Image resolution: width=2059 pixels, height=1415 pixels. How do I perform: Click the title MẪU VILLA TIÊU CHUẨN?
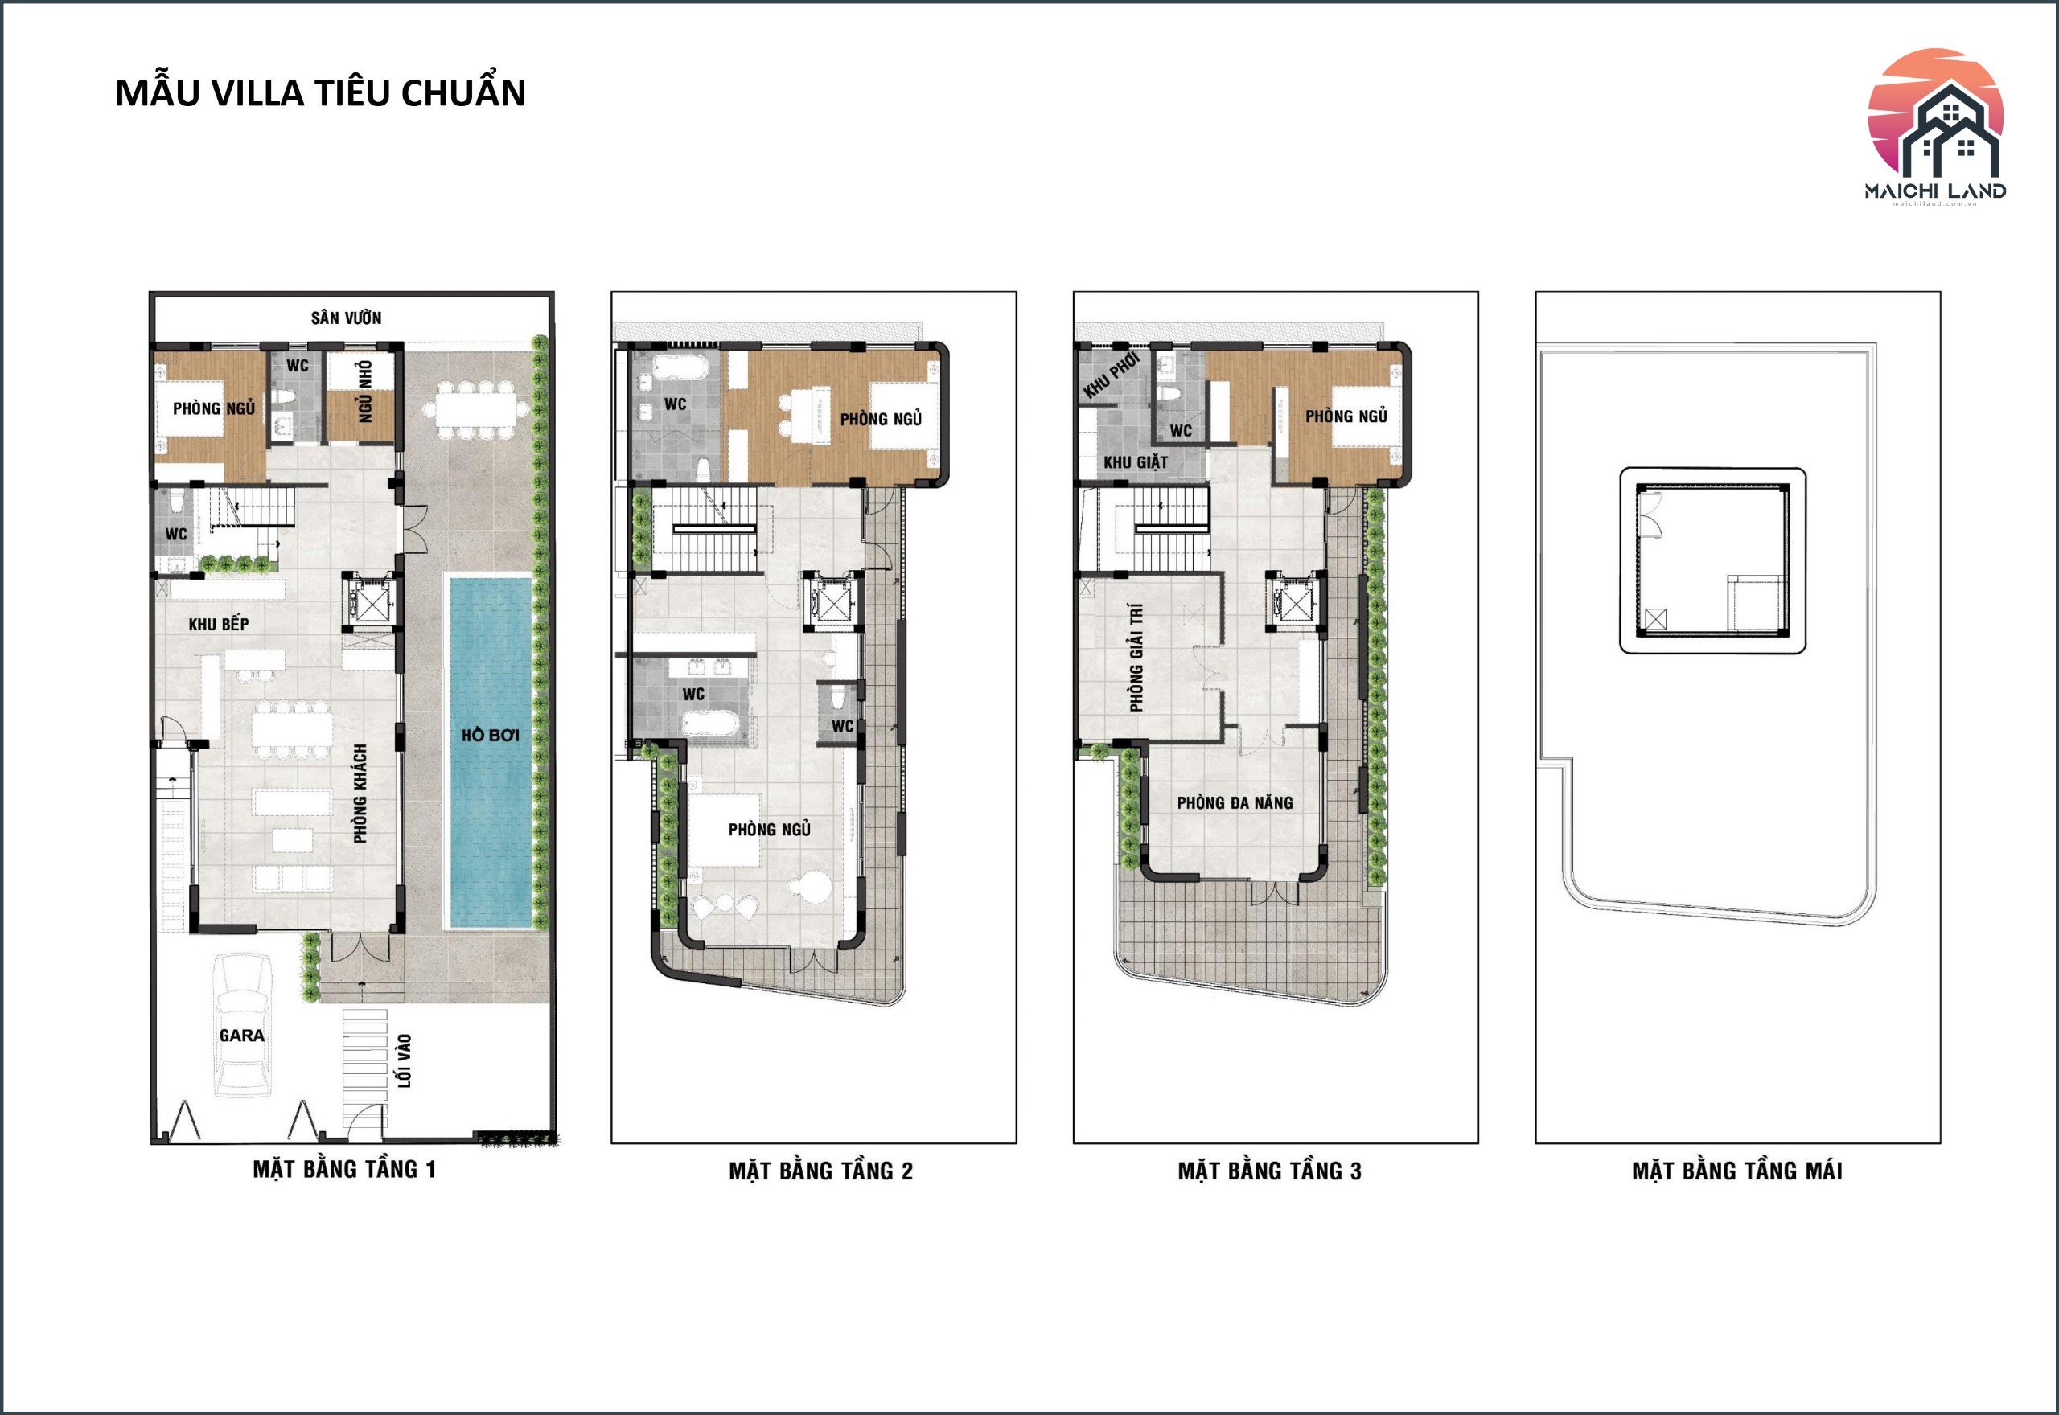click(320, 92)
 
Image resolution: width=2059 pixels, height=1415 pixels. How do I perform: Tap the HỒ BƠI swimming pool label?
click(491, 735)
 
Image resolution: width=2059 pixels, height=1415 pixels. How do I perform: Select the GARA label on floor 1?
click(242, 1035)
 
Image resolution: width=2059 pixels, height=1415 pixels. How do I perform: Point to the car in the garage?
click(242, 1025)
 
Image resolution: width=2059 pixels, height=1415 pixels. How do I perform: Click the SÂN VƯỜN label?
click(346, 318)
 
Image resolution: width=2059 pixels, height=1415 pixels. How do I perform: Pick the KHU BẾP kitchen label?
click(218, 624)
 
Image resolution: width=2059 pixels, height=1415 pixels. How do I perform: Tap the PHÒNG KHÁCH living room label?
click(360, 794)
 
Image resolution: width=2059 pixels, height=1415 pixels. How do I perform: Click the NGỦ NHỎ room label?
click(365, 391)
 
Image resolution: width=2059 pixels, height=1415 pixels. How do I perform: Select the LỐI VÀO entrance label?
click(405, 1060)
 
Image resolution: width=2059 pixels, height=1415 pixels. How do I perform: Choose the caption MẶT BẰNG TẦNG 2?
click(820, 1171)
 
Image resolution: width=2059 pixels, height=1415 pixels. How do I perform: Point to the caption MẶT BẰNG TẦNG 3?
click(1269, 1171)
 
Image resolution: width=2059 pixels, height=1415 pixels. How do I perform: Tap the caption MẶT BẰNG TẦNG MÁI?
click(1737, 1171)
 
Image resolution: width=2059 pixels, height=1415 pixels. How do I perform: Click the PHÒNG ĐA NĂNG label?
click(1235, 802)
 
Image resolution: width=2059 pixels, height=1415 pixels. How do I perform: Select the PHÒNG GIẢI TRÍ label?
click(1136, 658)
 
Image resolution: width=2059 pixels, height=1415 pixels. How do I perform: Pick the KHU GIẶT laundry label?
click(1135, 462)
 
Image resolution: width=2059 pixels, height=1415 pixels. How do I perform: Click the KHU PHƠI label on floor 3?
click(1110, 376)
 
